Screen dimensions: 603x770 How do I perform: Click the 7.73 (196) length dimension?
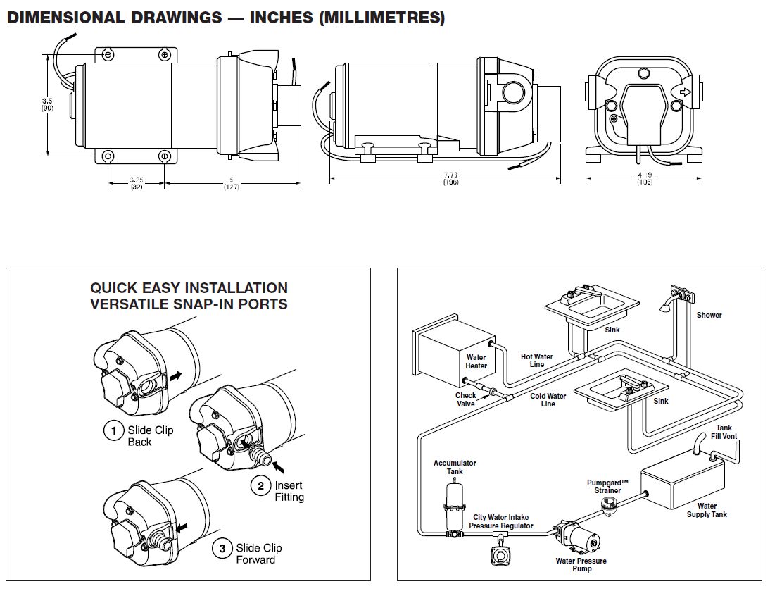(x=451, y=180)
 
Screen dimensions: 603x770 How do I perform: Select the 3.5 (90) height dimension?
(x=46, y=105)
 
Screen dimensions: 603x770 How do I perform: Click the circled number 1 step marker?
(x=113, y=430)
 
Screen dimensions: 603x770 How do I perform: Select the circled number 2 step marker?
(x=260, y=485)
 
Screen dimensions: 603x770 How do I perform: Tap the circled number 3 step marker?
(x=222, y=548)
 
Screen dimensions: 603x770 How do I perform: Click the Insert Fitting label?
(x=289, y=491)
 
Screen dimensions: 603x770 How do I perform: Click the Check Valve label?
(x=465, y=399)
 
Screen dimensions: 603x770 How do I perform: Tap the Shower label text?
(x=709, y=315)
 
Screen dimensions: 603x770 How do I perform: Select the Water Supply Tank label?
(x=707, y=510)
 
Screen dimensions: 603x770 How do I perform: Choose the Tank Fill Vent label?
(x=724, y=432)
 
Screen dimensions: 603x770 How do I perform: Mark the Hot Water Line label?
(x=536, y=361)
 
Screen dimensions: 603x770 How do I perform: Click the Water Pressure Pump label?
(x=581, y=565)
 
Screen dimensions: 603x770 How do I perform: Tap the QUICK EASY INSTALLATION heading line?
(x=189, y=288)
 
